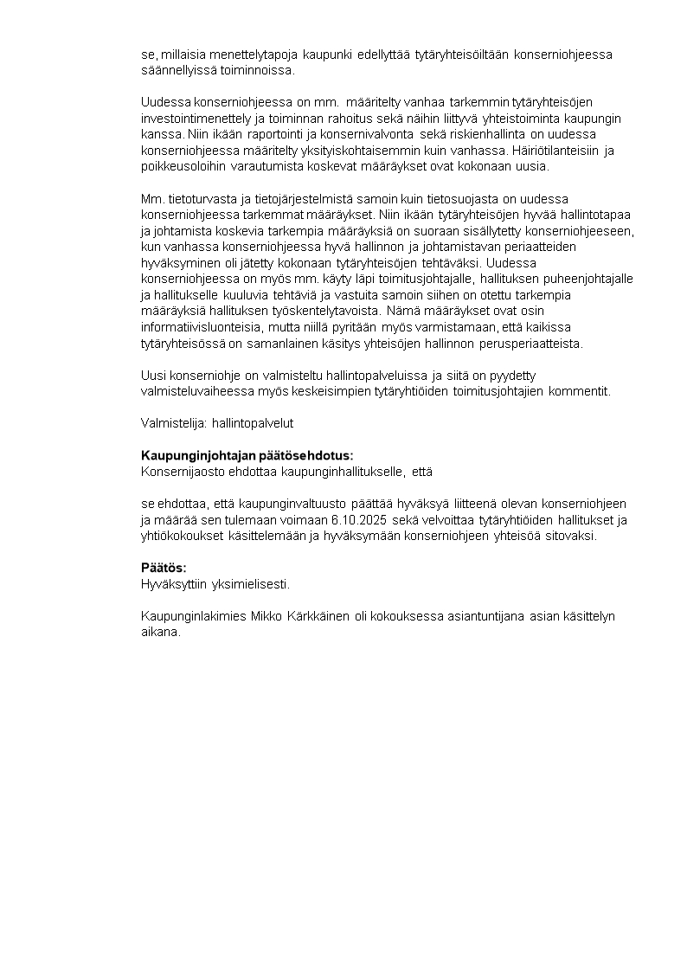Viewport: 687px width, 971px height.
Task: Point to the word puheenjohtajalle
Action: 581,278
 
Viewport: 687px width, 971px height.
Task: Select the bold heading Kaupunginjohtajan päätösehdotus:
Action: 247,455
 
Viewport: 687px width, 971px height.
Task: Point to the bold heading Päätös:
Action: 164,568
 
